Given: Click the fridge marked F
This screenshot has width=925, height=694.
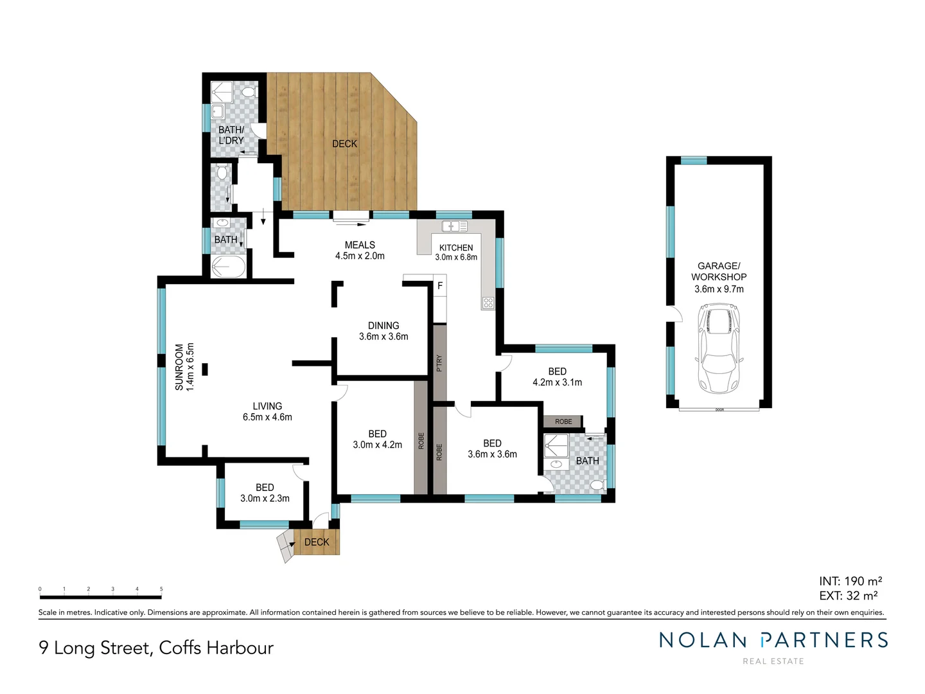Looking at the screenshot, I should [x=440, y=286].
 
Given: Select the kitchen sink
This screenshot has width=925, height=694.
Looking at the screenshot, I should [x=454, y=226].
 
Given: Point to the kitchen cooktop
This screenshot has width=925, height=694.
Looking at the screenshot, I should [x=488, y=303].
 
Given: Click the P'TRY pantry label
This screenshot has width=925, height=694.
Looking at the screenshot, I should [x=439, y=364].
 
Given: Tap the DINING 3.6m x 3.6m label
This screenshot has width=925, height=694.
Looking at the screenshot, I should [x=383, y=331].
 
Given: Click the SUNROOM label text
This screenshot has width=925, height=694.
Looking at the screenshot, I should [x=184, y=367].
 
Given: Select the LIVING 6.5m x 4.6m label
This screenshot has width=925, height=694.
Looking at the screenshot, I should [x=267, y=411].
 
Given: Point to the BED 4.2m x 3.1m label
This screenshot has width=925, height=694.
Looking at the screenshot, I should [x=557, y=377].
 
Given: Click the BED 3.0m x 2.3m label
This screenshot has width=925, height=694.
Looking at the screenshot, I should [x=265, y=493].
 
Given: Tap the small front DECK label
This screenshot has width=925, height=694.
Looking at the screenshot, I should [x=317, y=542].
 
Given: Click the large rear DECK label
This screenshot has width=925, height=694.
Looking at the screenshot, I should [x=344, y=144].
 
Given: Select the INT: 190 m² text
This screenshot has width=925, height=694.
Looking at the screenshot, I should [x=850, y=582].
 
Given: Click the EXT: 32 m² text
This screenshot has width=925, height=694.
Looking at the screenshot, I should [x=849, y=596].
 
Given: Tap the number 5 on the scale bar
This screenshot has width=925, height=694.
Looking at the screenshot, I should [x=161, y=589].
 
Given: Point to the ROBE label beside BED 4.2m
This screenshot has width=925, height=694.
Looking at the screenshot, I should [x=563, y=422].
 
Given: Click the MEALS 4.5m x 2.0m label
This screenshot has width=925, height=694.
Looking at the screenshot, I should [x=360, y=250].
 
